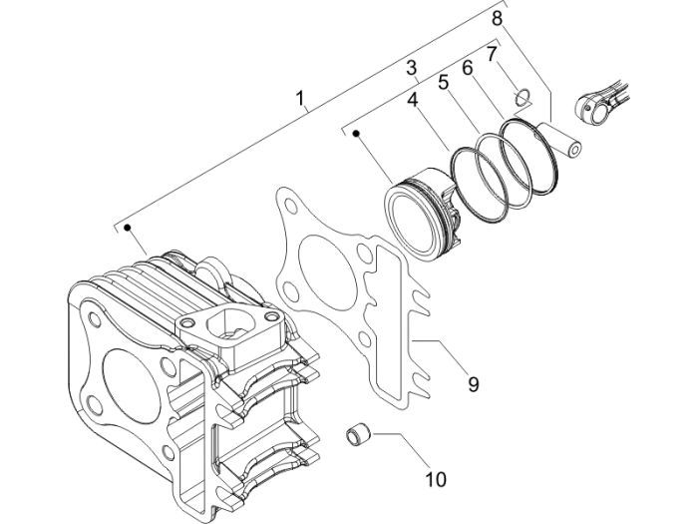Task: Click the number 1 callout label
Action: [x=300, y=99]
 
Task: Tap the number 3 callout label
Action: [x=411, y=68]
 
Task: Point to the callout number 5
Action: [x=444, y=82]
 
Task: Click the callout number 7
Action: [x=492, y=52]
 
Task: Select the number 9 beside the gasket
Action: [x=474, y=382]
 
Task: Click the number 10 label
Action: [x=435, y=479]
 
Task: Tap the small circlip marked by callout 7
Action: [x=519, y=97]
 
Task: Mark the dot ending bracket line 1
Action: [x=129, y=229]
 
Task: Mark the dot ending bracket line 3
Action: [x=354, y=132]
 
